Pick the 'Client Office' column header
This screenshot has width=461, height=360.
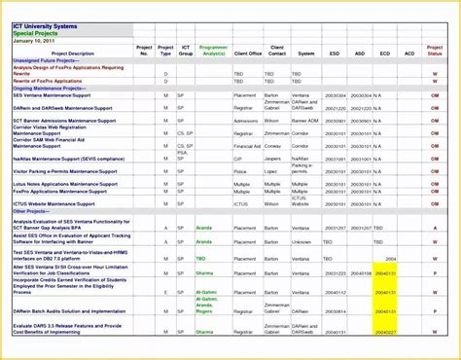248,54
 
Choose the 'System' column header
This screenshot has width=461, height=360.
306,54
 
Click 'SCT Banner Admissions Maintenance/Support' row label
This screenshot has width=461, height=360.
68,120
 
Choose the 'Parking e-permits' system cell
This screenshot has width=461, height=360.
301,168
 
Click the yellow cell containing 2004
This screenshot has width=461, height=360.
390,259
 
